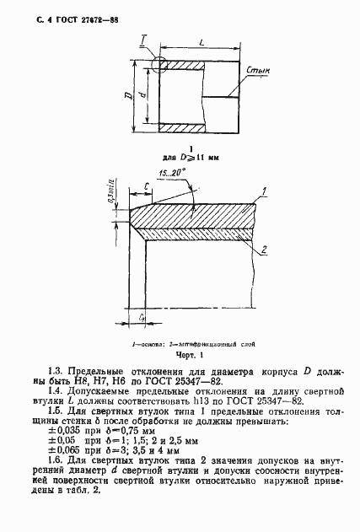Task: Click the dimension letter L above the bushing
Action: [x=201, y=40]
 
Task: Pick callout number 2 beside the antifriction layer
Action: [x=264, y=250]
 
